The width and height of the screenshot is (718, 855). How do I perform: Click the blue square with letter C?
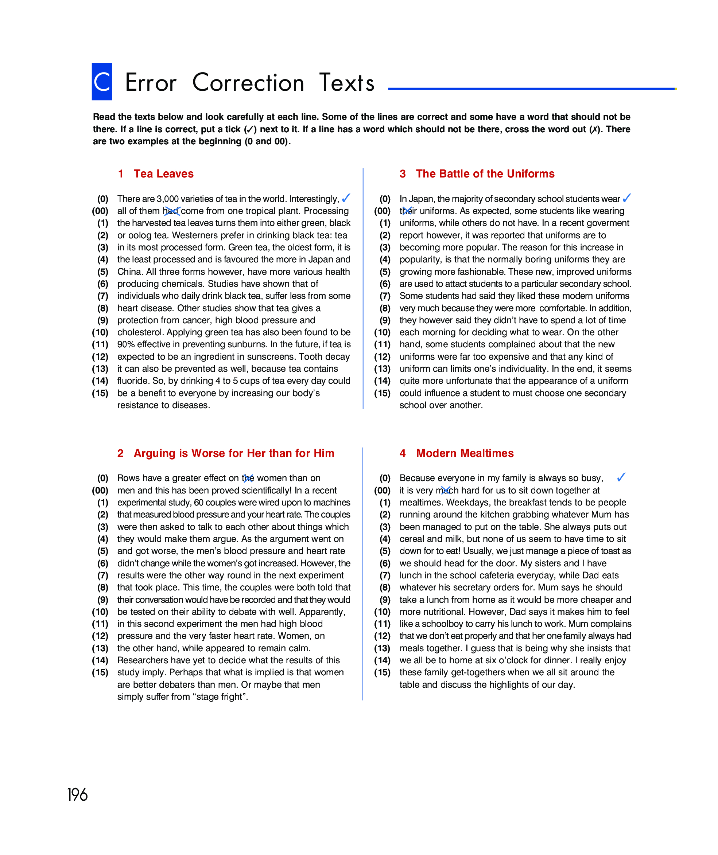point(102,81)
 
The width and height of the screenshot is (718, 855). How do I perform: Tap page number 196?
point(77,795)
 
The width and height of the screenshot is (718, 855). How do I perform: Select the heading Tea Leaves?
point(163,174)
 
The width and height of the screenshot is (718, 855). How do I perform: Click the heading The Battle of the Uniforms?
point(485,174)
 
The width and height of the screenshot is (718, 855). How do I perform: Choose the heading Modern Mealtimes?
point(465,453)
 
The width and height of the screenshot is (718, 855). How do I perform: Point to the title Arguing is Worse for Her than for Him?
point(234,453)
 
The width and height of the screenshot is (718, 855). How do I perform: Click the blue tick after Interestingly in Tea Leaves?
point(346,198)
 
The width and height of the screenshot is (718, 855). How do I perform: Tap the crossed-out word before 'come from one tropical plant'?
point(171,211)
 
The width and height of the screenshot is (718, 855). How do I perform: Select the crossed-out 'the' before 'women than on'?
point(248,478)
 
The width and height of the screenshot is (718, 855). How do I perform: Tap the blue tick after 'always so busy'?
point(621,477)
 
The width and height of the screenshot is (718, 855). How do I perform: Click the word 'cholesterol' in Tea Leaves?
point(140,332)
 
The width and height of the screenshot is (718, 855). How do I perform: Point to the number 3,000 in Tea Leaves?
point(168,199)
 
